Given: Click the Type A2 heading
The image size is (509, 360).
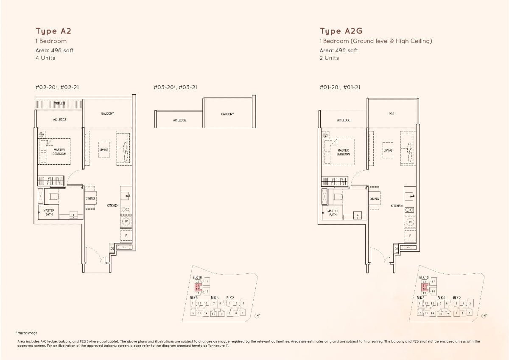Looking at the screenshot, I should click(x=53, y=31).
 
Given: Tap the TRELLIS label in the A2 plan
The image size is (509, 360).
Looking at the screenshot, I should click(x=59, y=103).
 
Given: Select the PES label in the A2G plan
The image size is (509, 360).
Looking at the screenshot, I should click(x=391, y=114).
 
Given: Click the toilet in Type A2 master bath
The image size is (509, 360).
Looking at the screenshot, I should click(x=53, y=196).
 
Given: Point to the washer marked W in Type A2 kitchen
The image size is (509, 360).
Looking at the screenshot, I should click(x=126, y=221).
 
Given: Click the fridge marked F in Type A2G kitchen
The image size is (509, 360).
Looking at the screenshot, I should click(x=410, y=235).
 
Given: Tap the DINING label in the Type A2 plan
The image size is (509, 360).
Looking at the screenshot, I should click(x=90, y=198).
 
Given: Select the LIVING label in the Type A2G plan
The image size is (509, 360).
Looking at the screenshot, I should click(x=388, y=150).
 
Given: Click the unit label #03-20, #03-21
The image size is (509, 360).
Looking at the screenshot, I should click(x=175, y=87).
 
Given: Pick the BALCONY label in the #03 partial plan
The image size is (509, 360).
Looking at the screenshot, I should click(x=227, y=114).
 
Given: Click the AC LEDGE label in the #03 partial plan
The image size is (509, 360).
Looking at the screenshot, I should click(x=179, y=120).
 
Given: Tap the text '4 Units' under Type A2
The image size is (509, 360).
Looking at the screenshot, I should click(x=45, y=58).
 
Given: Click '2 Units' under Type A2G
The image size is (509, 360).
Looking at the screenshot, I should click(x=329, y=58).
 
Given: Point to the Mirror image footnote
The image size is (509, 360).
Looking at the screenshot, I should click(x=27, y=333).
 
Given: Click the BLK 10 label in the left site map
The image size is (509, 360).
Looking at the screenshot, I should click(x=198, y=277).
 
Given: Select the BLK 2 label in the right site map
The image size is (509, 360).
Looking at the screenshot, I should click(x=457, y=298).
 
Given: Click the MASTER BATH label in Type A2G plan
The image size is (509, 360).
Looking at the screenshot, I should click(x=333, y=213).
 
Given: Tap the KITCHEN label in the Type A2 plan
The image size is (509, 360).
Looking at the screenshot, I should click(x=112, y=205).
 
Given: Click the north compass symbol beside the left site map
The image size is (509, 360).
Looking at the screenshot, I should click(x=257, y=315).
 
